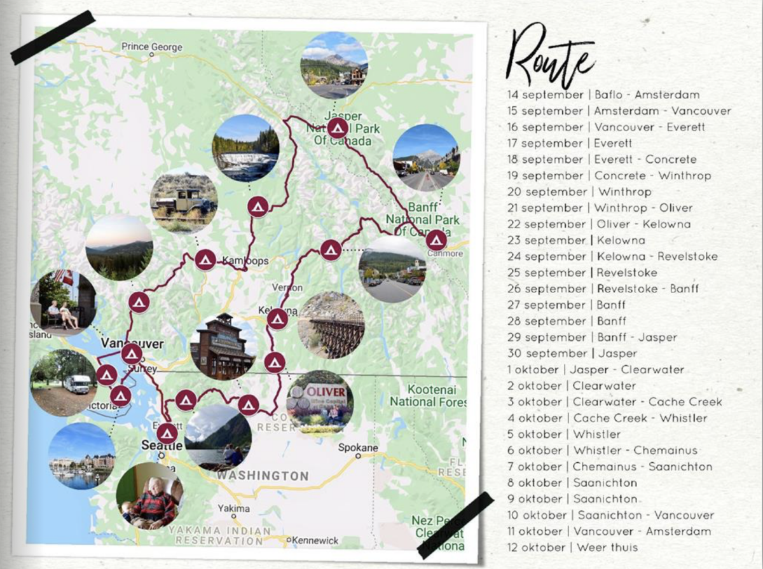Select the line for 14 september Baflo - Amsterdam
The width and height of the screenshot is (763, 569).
coord(603,95)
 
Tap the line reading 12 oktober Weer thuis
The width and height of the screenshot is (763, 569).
coord(572,547)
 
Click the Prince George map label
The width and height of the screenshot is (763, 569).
coord(152,47)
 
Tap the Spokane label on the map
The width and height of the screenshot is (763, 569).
coord(358,448)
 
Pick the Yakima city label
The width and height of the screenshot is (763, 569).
coord(230,509)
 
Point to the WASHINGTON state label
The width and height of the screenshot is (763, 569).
coord(262,476)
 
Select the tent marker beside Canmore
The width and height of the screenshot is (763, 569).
coord(436,240)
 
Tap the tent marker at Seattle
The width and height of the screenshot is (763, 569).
coord(167,433)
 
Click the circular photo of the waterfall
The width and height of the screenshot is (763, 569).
coord(245,148)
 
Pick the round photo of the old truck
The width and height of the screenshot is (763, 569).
coord(184,203)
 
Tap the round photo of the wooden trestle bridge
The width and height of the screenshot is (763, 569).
coord(331,325)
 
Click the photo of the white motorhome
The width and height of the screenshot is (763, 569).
coord(64,383)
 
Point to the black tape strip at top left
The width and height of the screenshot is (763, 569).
coord(53,38)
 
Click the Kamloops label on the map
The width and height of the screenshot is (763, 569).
coord(245,261)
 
